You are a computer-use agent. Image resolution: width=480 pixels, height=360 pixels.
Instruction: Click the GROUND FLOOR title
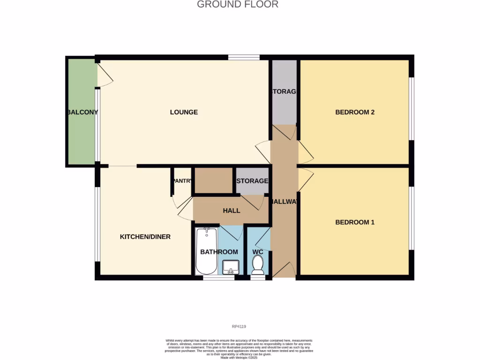coord(237,5)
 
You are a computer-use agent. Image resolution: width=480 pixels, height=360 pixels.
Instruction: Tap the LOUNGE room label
coord(184,112)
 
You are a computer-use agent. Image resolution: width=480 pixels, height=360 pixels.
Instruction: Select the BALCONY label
coord(82,112)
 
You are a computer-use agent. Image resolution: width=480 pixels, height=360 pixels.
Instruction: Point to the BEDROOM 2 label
coord(355,112)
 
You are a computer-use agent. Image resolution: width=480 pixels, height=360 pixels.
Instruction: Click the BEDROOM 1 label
coord(355,222)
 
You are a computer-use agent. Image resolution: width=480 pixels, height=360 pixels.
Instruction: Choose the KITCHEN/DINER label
coord(145,237)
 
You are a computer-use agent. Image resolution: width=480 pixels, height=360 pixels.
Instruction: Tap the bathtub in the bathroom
coord(206,251)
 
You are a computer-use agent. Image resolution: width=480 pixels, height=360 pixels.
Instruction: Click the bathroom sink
coord(231,267)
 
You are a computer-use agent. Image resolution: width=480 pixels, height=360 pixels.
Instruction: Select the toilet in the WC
coord(257,266)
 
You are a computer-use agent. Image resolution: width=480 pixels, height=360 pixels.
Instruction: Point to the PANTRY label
coord(182,181)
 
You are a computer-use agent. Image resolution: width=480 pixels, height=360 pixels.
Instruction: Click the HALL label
coord(232,210)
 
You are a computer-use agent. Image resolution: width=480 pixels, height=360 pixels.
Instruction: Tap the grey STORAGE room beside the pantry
coord(252,181)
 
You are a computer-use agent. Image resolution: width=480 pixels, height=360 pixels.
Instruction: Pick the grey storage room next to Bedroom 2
coord(285,92)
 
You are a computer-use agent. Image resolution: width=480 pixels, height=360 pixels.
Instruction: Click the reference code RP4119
coord(239,326)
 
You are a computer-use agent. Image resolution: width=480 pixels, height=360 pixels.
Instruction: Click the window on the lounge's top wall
coord(244,58)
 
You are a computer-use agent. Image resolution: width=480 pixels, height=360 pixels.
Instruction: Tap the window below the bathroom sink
coord(218,278)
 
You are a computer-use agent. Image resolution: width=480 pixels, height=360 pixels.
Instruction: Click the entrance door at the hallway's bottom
coord(284,270)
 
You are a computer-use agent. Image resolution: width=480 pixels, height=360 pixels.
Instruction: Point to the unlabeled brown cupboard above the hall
coord(214,180)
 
